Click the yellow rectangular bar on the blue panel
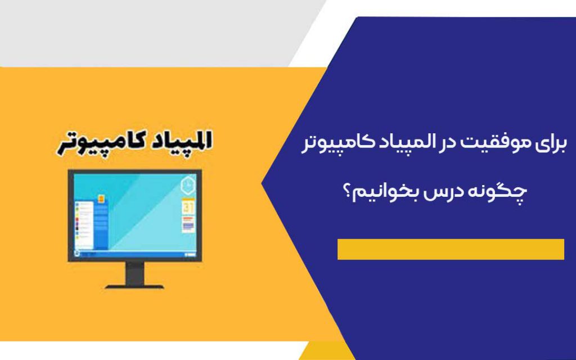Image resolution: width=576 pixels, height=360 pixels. click(451, 249)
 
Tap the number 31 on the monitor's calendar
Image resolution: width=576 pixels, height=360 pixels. click(188, 207)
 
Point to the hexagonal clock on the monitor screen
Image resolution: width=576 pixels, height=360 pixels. click(188, 184)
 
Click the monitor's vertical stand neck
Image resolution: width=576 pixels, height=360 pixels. click(135, 274)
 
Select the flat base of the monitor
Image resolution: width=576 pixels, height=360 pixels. click(135, 286)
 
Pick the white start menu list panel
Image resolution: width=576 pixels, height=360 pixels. click(84, 226)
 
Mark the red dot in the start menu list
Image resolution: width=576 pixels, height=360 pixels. click(77, 219)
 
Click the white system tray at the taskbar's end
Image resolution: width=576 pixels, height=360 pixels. click(191, 254)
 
